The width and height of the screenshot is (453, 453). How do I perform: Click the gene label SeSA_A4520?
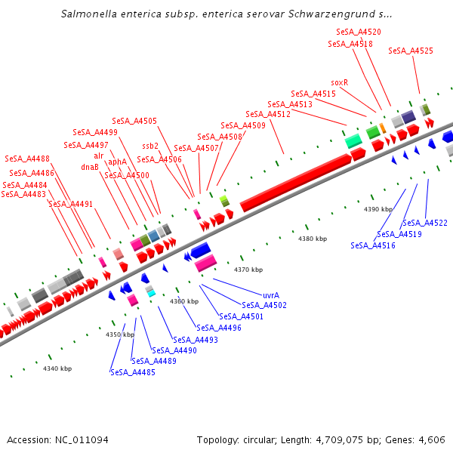click(359, 32)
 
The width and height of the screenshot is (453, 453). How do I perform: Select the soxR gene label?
click(340, 82)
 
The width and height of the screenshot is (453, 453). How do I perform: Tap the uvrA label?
click(272, 295)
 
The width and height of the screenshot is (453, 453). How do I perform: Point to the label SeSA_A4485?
click(133, 372)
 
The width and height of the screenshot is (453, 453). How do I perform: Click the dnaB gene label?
click(90, 167)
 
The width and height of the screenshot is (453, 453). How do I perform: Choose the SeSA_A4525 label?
click(411, 51)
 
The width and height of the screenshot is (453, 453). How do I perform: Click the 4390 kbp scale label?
click(378, 209)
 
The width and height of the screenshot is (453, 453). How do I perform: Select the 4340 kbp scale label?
click(57, 368)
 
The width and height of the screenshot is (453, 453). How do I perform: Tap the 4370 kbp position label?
click(248, 270)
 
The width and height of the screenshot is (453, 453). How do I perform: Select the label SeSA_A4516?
click(373, 245)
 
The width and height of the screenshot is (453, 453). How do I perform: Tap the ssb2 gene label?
click(150, 146)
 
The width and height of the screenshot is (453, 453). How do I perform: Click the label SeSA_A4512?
click(268, 114)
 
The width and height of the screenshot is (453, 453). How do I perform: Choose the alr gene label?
click(99, 156)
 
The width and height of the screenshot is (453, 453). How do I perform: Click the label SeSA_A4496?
click(219, 328)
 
